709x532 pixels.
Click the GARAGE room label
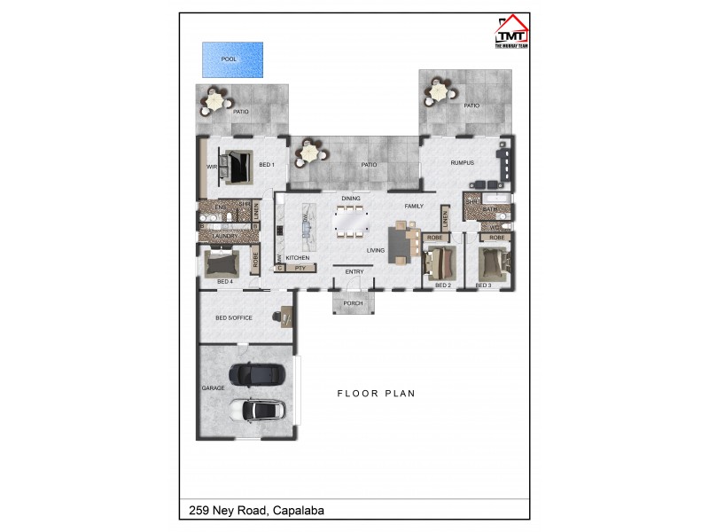[x=213, y=388]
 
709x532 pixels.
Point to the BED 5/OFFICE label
[x=234, y=317]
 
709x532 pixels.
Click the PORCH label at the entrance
[x=353, y=303]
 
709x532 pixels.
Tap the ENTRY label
[x=354, y=272]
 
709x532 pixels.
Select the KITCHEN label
[x=297, y=257]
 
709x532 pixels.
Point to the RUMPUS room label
[x=463, y=163]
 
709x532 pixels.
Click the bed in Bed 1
[x=237, y=165]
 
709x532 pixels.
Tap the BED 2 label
[x=443, y=286]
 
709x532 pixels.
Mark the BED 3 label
[x=483, y=286]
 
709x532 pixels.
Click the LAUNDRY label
[x=224, y=236]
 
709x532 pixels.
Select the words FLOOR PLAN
[x=376, y=393]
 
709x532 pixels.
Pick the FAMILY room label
[x=414, y=206]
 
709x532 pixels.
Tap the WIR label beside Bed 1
[x=212, y=166]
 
